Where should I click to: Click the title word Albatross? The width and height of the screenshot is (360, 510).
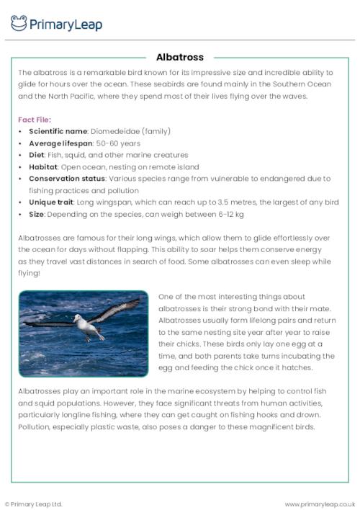[x=180, y=57]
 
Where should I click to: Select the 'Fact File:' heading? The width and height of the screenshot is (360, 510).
[x=35, y=120]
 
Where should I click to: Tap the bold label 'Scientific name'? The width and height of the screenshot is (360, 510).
[x=58, y=131]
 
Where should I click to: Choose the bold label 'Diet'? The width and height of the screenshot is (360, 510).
[x=37, y=155]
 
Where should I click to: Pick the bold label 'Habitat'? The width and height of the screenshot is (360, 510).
[x=44, y=167]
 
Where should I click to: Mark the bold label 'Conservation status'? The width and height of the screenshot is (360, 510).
[x=67, y=179]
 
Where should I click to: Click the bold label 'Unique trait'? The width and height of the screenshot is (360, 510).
[x=53, y=202]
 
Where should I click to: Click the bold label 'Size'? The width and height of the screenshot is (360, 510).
[x=36, y=215]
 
